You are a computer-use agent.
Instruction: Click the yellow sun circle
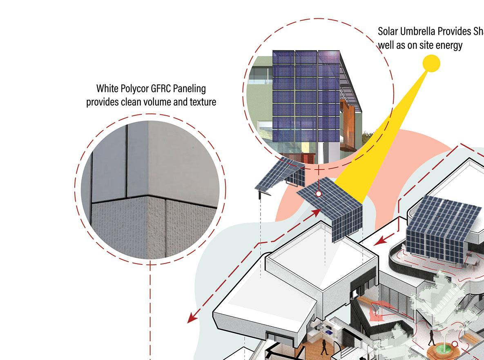click(x=431, y=63)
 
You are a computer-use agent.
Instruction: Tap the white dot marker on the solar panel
click(x=319, y=194)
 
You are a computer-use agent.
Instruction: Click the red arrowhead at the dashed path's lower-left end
click(x=191, y=319)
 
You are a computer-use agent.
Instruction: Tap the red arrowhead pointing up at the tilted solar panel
click(x=317, y=212)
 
